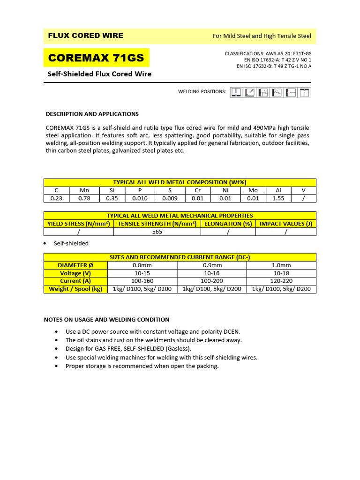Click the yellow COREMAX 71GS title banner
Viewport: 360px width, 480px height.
[97, 59]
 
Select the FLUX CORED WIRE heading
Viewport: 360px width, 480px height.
[86, 36]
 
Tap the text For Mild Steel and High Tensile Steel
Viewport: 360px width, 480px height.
[262, 36]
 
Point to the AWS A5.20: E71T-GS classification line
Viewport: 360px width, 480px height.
[268, 54]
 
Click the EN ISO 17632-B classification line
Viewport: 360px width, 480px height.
[274, 66]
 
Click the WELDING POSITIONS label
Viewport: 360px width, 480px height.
[202, 91]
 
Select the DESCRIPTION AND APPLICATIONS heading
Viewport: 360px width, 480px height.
[92, 114]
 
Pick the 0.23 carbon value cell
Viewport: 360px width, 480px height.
[56, 198]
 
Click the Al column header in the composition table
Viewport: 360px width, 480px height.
[278, 190]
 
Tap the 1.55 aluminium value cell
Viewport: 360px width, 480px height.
[278, 198]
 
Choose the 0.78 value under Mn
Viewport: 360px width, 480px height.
[84, 198]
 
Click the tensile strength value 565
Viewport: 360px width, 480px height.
[157, 232]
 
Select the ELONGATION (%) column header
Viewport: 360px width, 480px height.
[228, 224]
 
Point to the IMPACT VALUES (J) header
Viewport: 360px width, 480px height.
[285, 224]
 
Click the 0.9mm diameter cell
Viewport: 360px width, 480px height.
[212, 265]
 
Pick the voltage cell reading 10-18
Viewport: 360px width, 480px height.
[281, 273]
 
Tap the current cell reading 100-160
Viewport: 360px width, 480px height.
[142, 281]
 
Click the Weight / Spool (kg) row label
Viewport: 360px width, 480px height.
[75, 289]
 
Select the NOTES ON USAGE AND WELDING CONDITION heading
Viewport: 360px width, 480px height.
[106, 320]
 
